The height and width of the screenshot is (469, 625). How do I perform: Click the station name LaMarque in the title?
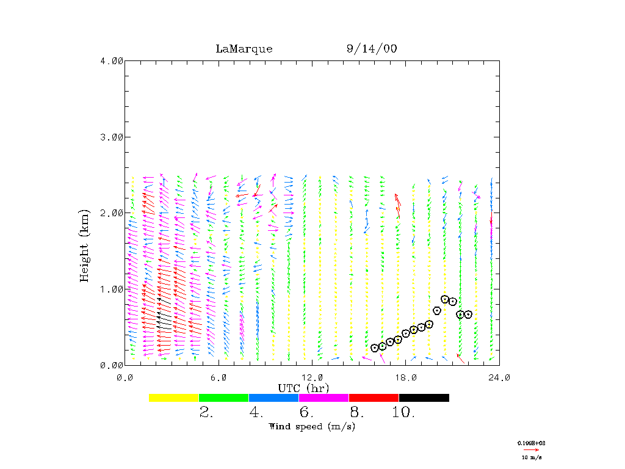[244, 49]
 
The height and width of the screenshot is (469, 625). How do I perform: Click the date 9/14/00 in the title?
[371, 49]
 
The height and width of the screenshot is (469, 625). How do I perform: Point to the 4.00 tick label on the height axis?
[112, 60]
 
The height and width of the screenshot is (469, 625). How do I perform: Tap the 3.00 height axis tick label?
[112, 137]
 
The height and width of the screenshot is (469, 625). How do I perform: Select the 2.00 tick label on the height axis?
[112, 213]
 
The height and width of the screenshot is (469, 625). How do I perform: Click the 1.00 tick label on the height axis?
[112, 289]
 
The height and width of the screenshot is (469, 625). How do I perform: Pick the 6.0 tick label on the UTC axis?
[219, 378]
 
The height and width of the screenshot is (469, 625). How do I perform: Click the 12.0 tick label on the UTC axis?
[312, 378]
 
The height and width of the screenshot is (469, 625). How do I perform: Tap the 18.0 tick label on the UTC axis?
[406, 378]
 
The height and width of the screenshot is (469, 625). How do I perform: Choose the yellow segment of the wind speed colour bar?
[173, 398]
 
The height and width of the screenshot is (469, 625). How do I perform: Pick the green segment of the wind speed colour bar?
[223, 398]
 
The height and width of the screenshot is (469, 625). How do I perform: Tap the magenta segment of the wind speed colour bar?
[323, 398]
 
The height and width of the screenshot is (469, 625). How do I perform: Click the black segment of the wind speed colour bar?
[424, 398]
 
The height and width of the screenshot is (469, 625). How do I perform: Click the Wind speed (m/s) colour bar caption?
[312, 426]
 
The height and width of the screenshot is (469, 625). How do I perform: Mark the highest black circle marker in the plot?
[445, 299]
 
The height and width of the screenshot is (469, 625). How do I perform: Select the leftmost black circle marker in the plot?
[375, 348]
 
